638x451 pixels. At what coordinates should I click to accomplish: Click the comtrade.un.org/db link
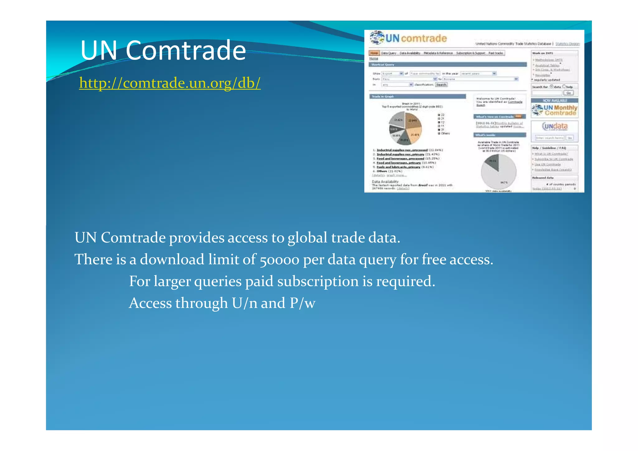(x=170, y=83)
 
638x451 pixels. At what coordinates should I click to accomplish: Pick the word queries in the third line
(x=218, y=281)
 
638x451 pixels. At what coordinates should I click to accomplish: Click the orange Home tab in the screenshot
(x=374, y=53)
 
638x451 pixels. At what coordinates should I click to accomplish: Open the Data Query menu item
(x=388, y=53)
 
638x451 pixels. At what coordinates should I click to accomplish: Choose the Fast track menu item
(x=495, y=53)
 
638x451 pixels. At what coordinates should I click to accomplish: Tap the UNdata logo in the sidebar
(x=555, y=126)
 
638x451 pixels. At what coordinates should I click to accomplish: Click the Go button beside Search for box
(x=569, y=93)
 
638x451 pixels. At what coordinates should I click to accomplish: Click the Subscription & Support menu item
(x=470, y=53)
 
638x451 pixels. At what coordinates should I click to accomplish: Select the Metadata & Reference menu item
(x=438, y=53)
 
